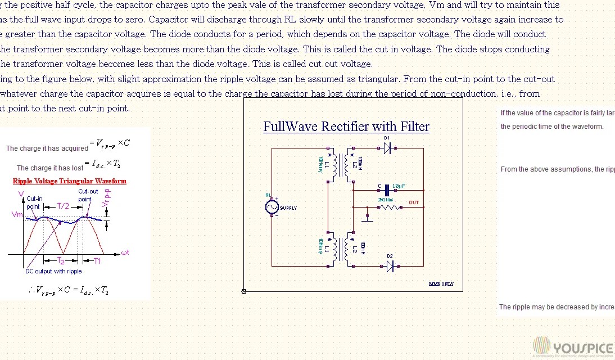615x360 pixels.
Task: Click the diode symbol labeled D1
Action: click(387, 148)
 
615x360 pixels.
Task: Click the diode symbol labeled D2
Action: click(390, 266)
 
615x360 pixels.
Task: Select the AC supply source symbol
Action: click(272, 208)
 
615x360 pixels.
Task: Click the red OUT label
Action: click(414, 202)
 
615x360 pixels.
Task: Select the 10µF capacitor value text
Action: click(399, 186)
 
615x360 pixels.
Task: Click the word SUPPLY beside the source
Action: click(288, 208)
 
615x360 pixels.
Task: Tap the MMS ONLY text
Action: click(441, 285)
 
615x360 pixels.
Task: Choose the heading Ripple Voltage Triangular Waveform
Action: click(69, 181)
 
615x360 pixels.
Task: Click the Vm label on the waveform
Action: click(16, 215)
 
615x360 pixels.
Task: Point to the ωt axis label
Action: click(125, 253)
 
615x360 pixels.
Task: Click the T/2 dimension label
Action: click(63, 206)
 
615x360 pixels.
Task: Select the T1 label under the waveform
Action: click(97, 261)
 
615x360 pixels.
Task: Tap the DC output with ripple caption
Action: click(53, 271)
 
